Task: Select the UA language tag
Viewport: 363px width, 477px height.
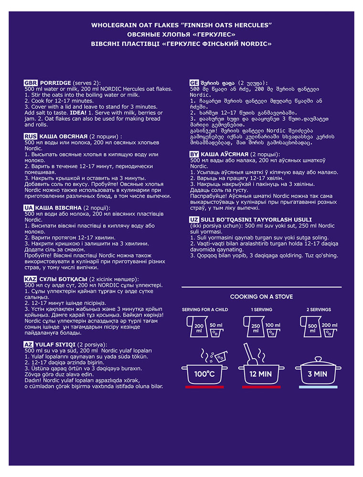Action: (x=29, y=208)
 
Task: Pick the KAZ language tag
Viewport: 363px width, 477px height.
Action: (x=31, y=279)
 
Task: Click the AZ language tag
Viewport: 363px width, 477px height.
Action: (x=29, y=344)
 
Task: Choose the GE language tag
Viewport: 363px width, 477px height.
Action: (x=194, y=82)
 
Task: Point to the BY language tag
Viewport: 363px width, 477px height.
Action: (x=194, y=155)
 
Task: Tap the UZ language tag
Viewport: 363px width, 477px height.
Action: (x=194, y=219)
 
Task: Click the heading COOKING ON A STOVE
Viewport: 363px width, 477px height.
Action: (x=261, y=297)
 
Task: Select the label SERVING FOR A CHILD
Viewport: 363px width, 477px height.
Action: (x=205, y=310)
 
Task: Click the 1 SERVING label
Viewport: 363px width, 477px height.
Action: (x=261, y=310)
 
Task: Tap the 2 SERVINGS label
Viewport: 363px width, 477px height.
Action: (x=318, y=310)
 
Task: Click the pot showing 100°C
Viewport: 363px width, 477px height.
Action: (x=205, y=372)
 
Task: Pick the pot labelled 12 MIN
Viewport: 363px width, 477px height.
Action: (x=261, y=373)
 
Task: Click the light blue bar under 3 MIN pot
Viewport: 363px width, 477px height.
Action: (x=318, y=387)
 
